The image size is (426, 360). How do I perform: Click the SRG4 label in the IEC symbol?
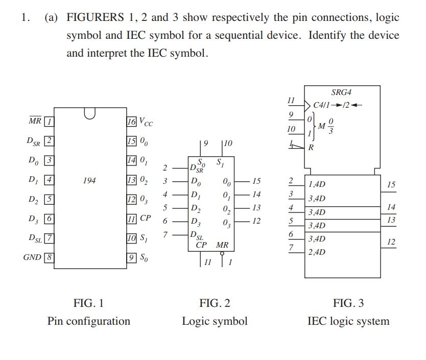click(x=342, y=92)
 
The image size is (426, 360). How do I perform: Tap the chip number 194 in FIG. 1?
click(x=89, y=180)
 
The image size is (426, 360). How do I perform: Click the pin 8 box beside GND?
click(x=50, y=257)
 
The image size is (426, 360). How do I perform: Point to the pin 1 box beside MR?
click(x=50, y=122)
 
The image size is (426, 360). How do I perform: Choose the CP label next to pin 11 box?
click(x=146, y=218)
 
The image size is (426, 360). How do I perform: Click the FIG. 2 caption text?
click(x=215, y=303)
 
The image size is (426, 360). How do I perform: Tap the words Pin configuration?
click(x=89, y=321)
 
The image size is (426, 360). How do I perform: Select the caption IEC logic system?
click(x=348, y=321)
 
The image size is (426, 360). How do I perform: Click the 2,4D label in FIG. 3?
click(x=317, y=252)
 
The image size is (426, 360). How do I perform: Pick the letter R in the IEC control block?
click(x=312, y=148)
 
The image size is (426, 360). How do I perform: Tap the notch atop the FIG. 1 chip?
click(x=90, y=112)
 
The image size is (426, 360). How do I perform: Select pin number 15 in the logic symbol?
click(x=256, y=181)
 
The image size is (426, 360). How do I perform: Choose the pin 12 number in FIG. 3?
click(x=391, y=242)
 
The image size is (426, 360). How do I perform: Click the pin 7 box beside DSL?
click(x=50, y=238)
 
